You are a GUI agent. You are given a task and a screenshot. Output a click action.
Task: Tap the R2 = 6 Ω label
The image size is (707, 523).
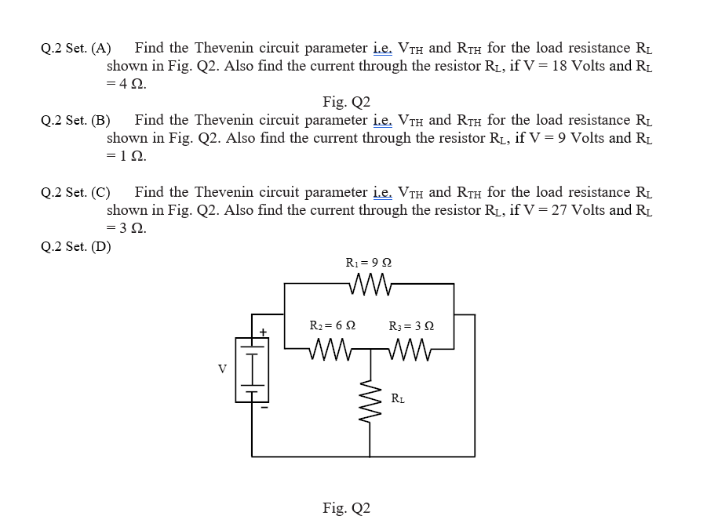pyautogui.click(x=333, y=325)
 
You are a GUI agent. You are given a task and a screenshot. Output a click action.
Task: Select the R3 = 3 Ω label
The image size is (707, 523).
pyautogui.click(x=411, y=325)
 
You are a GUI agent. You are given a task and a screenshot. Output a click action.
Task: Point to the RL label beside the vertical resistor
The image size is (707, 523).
pyautogui.click(x=399, y=399)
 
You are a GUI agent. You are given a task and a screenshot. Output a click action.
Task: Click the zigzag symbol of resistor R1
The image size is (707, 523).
pyautogui.click(x=368, y=284)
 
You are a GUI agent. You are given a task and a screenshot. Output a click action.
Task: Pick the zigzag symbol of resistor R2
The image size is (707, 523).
pyautogui.click(x=333, y=346)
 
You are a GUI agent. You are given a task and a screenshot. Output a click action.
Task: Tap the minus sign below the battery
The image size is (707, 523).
pyautogui.click(x=264, y=407)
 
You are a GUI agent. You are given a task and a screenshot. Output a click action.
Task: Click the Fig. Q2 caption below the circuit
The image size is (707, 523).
pyautogui.click(x=346, y=507)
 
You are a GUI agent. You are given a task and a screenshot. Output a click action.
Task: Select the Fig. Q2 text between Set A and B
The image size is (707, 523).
pyautogui.click(x=346, y=102)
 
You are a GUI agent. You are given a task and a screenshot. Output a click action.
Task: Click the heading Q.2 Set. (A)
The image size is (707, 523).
pyautogui.click(x=75, y=49)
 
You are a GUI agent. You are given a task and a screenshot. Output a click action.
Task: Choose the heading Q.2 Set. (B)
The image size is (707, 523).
pyautogui.click(x=75, y=121)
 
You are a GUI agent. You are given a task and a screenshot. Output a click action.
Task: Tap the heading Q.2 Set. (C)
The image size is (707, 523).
pyautogui.click(x=75, y=193)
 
